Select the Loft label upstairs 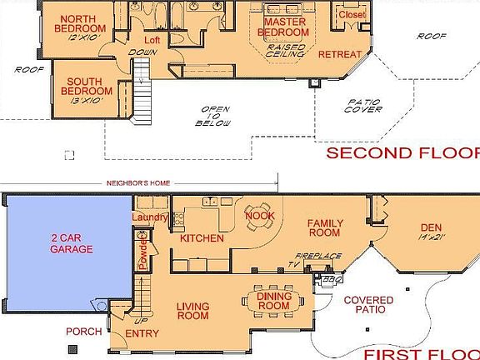pyautogui.click(x=151, y=40)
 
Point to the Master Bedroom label pyautogui.click(x=283, y=26)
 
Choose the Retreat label pyautogui.click(x=339, y=54)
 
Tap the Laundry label pyautogui.click(x=150, y=218)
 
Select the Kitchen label pyautogui.click(x=202, y=238)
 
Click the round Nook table pyautogui.click(x=257, y=211)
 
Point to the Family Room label pyautogui.click(x=326, y=229)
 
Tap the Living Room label pyautogui.click(x=192, y=311)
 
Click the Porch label pyautogui.click(x=84, y=332)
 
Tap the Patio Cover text pyautogui.click(x=364, y=104)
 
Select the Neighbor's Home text pyautogui.click(x=137, y=183)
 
